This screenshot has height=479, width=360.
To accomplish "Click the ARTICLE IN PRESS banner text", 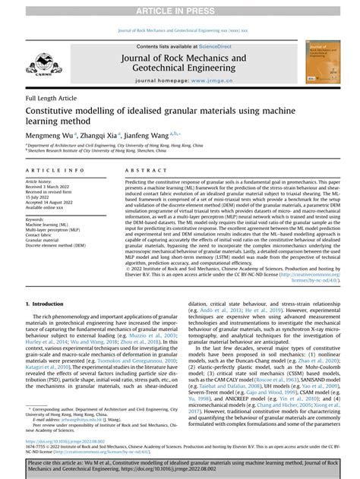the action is tap(179, 8).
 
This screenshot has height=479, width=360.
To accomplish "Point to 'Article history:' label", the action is tap(43, 183).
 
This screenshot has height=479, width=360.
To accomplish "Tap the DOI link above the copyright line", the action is tap(68, 440).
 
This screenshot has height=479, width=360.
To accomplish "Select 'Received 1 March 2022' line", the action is tap(51, 188).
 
